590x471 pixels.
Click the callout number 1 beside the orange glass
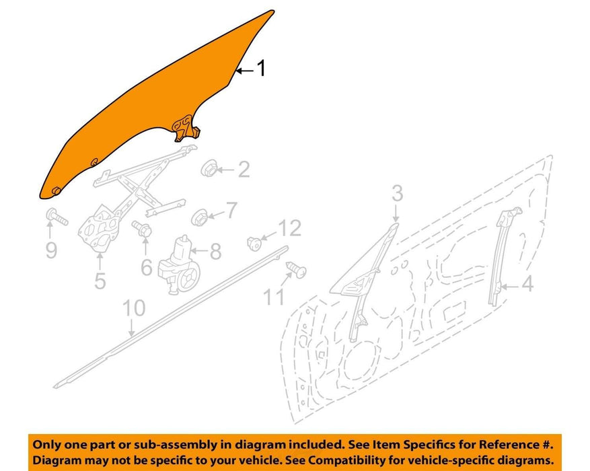pos(261,68)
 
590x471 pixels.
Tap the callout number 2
pos(244,170)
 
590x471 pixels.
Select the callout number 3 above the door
pos(398,193)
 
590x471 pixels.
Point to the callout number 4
pos(528,284)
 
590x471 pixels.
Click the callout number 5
pos(100,281)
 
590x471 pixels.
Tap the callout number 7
pos(231,210)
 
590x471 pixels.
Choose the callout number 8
pos(215,251)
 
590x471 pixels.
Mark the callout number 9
pos(51,250)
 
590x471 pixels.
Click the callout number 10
pos(134,308)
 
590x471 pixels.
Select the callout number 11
pos(273,297)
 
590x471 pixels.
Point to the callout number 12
pos(290,228)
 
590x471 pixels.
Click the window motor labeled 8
pos(179,265)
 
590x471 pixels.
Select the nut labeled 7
pos(199,217)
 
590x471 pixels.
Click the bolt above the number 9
pos(57,216)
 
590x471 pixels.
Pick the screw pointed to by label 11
pos(297,269)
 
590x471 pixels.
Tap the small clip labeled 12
pos(254,243)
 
